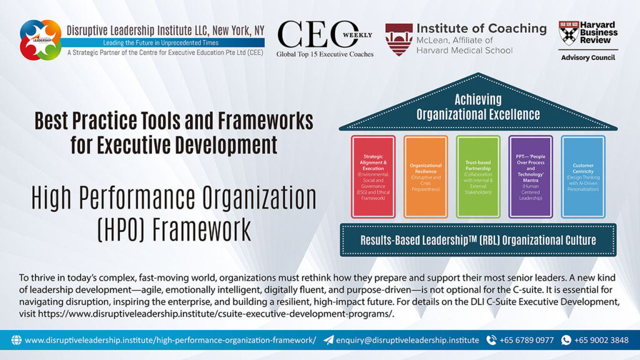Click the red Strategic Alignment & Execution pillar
372,176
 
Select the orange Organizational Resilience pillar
425,176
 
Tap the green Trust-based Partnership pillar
477,176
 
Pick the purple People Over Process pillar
530,176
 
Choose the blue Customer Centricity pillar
582,176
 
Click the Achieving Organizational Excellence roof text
478,107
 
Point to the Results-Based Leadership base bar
478,240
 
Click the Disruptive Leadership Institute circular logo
41,39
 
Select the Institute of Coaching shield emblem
398,39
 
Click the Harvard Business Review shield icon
567,32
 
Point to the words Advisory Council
587,58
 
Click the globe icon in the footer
16,340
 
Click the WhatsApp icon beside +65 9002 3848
566,340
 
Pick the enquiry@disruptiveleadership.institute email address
407,340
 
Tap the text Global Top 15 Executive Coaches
325,54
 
